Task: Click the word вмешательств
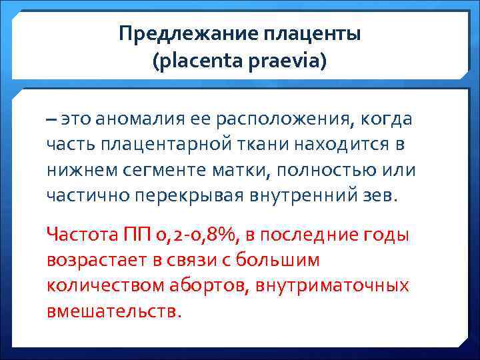[x=113, y=311]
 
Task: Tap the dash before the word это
[x=52, y=119]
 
